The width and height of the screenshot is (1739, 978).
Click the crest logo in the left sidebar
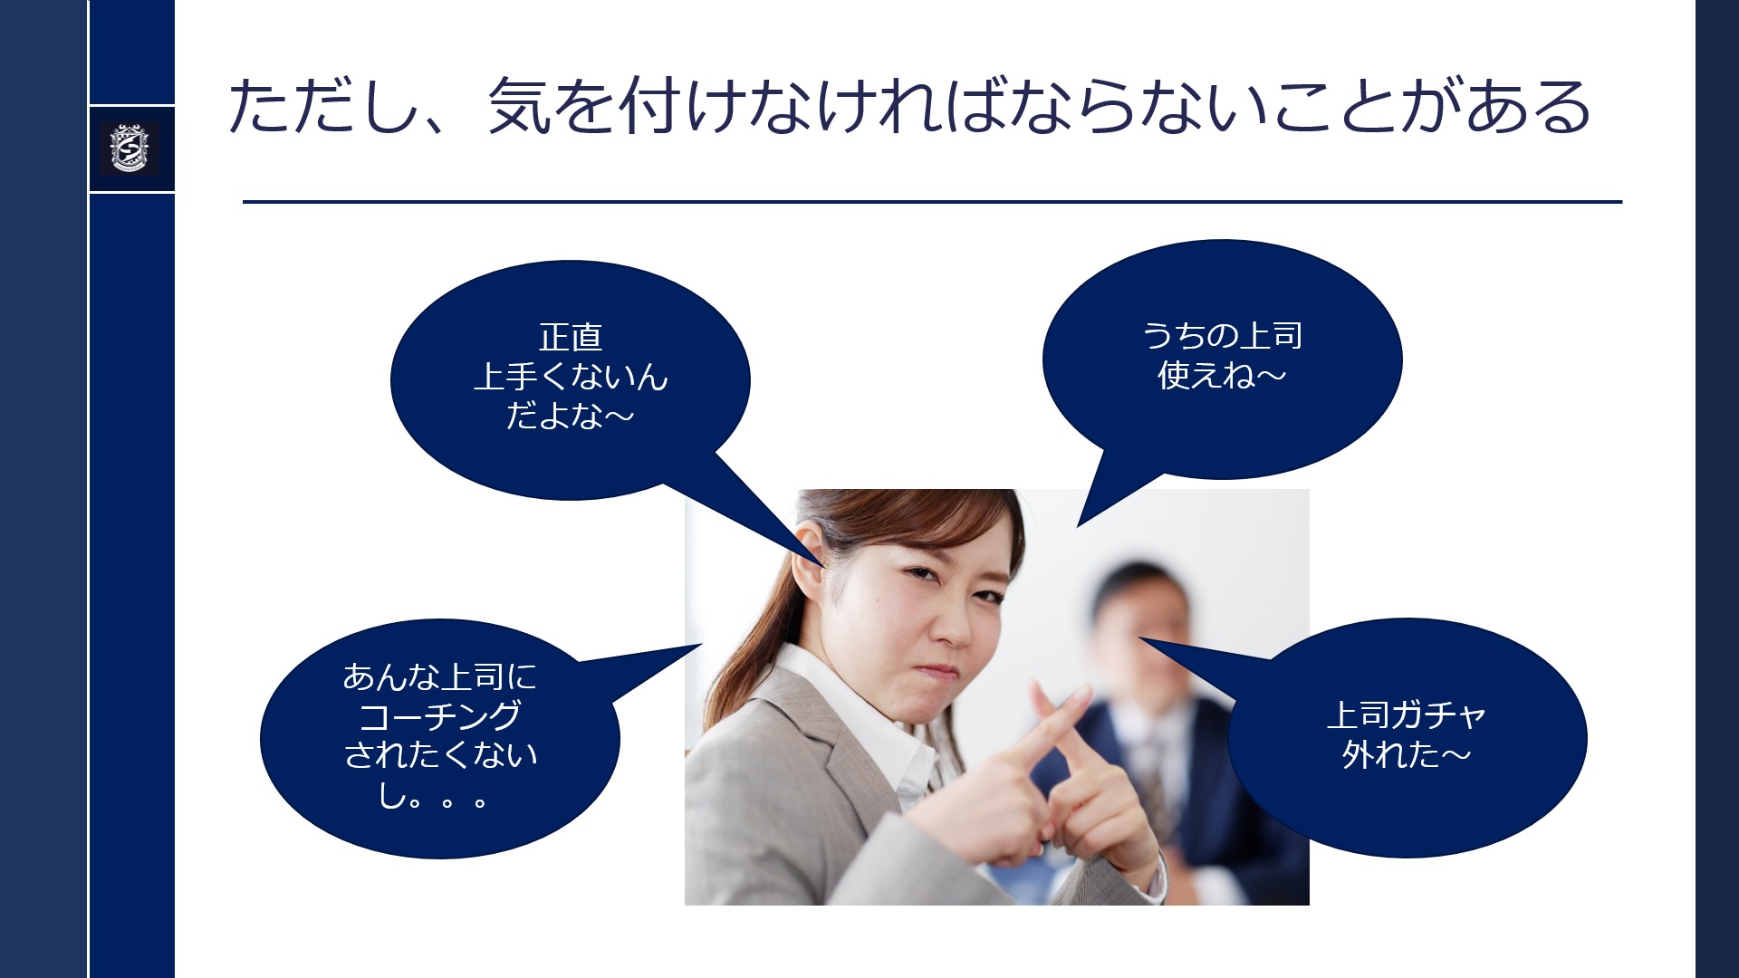[130, 148]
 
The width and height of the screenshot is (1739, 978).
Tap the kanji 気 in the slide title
[520, 106]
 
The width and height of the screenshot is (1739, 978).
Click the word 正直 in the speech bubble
[571, 338]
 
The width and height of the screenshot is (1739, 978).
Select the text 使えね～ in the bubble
[1222, 375]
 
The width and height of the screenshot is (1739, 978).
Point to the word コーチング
[440, 716]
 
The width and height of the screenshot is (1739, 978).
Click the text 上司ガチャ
[1406, 715]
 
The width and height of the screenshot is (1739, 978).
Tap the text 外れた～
[1406, 754]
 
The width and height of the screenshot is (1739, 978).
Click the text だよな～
[571, 416]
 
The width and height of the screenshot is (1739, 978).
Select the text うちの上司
[1222, 336]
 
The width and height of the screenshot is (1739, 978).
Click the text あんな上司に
[440, 676]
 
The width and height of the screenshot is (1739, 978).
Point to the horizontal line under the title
[932, 202]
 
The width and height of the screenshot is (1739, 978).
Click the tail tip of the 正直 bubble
[825, 567]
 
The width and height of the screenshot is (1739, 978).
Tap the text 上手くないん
[571, 377]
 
